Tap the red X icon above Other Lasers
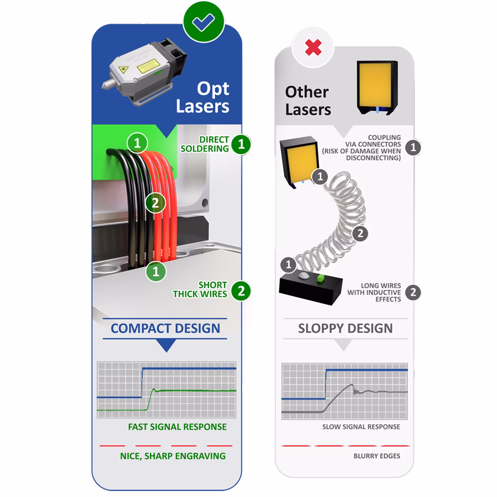pos(313,48)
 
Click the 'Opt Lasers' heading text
pos(204,97)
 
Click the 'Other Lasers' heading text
pos(307,100)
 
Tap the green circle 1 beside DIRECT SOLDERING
pos(241,145)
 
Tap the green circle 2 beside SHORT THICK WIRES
pos(241,291)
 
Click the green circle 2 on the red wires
pos(155,203)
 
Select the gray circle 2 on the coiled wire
pos(360,233)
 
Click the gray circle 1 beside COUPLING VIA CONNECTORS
pos(413,147)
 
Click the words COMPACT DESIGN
pos(165,329)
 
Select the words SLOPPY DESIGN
pos(345,329)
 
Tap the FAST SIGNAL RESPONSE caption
pos(177,427)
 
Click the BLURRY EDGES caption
pos(377,456)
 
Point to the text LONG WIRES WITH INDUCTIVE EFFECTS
pos(374,292)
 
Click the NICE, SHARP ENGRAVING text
pos(173,456)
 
